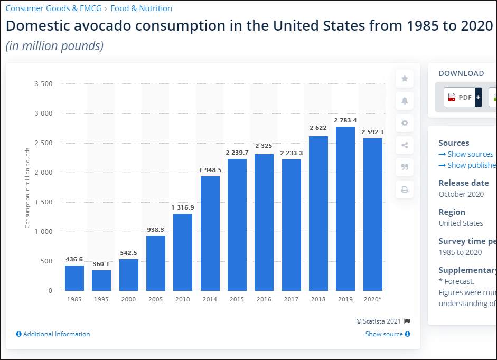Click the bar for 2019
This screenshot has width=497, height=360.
click(x=345, y=209)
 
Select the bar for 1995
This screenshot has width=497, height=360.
click(x=101, y=280)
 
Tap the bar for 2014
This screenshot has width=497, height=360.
click(x=210, y=233)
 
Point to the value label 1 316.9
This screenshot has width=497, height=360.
click(x=183, y=207)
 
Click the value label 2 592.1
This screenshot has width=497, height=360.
click(x=372, y=132)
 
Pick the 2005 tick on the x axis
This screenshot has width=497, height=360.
click(x=156, y=299)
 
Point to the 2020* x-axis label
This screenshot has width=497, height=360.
click(x=372, y=299)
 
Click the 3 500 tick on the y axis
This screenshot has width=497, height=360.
click(x=43, y=84)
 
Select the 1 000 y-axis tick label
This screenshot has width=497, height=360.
click(x=43, y=232)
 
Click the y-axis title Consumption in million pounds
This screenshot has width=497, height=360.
click(x=27, y=187)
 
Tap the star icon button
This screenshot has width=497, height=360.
click(x=405, y=79)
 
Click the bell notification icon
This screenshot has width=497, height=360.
click(x=405, y=101)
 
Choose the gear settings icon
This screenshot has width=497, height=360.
click(x=405, y=123)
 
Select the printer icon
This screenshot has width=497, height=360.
click(x=405, y=190)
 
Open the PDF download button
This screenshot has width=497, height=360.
click(x=462, y=97)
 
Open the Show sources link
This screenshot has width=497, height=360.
click(x=466, y=154)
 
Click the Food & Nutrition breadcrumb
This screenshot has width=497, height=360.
click(x=141, y=8)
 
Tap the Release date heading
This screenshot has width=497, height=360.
click(x=464, y=183)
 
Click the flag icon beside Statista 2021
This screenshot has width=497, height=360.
click(x=407, y=321)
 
